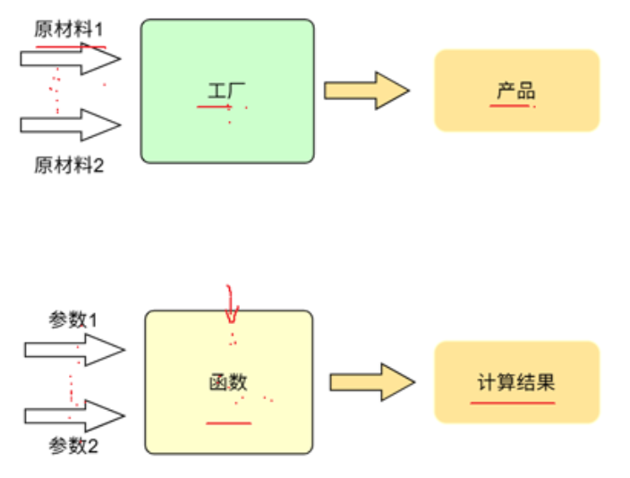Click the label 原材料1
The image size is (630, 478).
(69, 29)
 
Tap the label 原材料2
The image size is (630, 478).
(69, 165)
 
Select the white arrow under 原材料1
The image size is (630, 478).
(70, 60)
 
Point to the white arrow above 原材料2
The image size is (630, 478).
(70, 124)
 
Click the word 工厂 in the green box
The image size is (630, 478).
(227, 90)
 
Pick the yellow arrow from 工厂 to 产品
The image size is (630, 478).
(366, 90)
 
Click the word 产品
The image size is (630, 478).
(516, 90)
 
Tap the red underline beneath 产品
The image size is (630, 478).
(509, 106)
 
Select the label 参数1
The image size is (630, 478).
(73, 320)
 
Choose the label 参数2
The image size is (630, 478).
(73, 446)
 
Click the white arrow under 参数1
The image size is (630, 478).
(73, 349)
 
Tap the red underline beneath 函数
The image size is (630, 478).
(228, 422)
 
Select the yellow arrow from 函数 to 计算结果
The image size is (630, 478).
(371, 382)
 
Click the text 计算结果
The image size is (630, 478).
(516, 382)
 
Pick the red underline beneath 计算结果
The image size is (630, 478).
(513, 402)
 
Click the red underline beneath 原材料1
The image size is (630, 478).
(71, 46)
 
